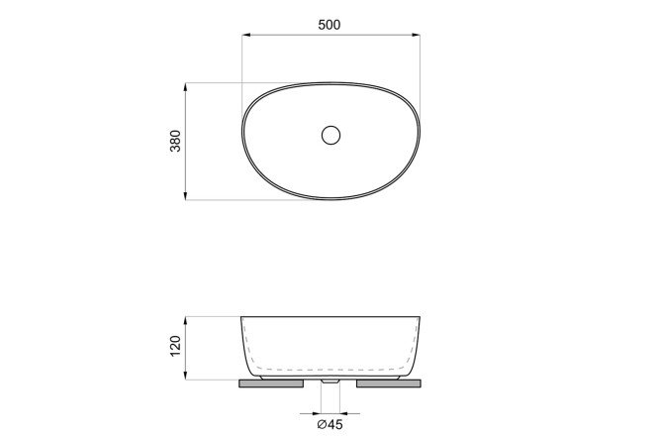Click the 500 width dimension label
329,25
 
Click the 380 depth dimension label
175,141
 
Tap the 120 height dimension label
175,346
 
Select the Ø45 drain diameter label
329,424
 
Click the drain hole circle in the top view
330,135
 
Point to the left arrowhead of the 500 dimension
246,35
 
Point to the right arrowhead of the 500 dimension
416,35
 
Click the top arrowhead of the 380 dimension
185,87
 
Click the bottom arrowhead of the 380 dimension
185,196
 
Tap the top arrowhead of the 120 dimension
185,320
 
